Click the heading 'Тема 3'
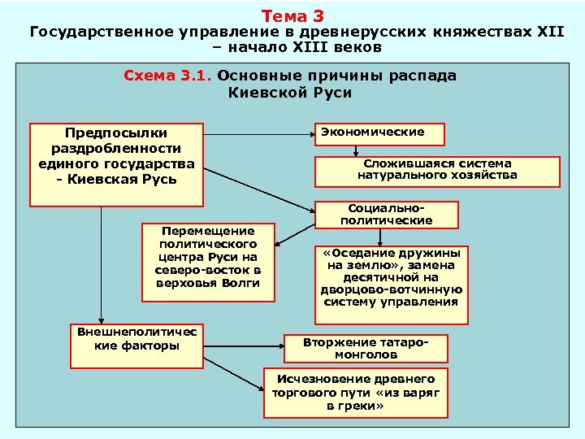[293, 15]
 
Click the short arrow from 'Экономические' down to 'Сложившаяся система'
[355, 151]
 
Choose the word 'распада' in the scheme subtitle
[426, 76]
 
